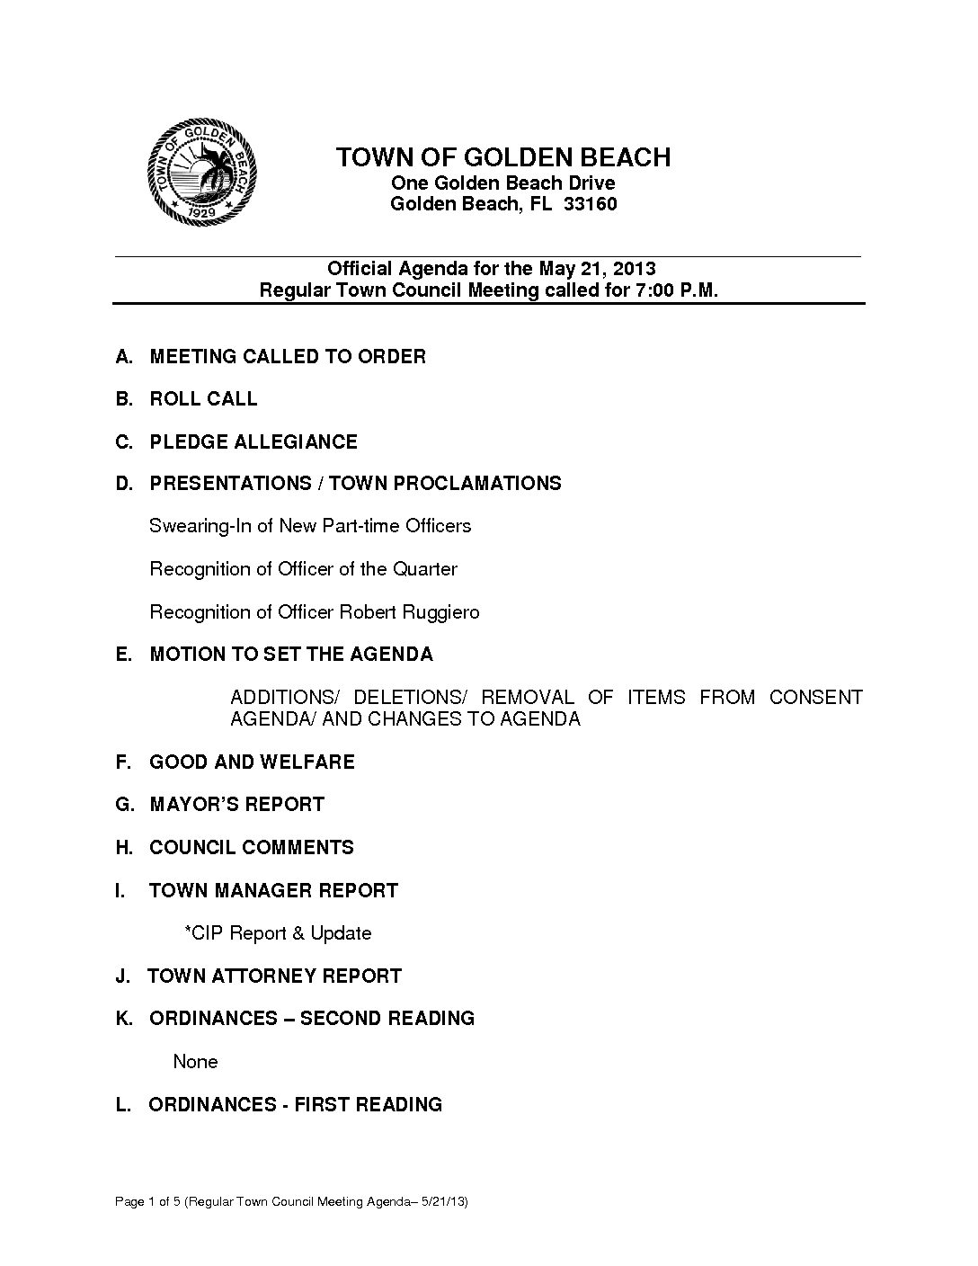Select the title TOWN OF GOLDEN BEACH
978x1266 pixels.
(x=503, y=157)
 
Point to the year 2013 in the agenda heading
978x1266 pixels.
(x=635, y=269)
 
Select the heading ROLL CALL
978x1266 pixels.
(x=203, y=399)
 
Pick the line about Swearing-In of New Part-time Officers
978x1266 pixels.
(x=310, y=526)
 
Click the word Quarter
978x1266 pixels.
(x=424, y=569)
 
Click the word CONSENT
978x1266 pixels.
(x=815, y=698)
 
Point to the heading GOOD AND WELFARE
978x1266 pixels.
(x=252, y=762)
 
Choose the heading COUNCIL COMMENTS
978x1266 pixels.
(x=252, y=848)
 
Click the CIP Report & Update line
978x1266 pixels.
(x=278, y=933)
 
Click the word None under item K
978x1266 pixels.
(x=195, y=1062)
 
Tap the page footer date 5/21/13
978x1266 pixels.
(x=446, y=1202)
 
